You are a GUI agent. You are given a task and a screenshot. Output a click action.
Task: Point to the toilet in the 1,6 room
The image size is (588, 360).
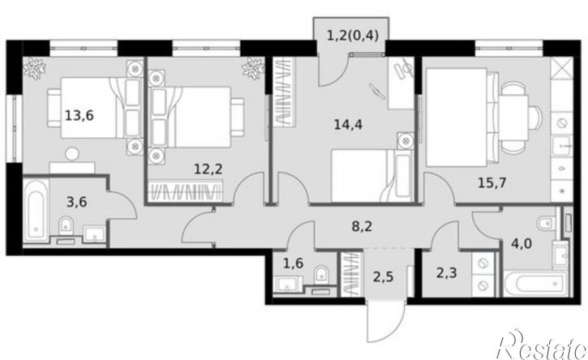[x=321, y=273]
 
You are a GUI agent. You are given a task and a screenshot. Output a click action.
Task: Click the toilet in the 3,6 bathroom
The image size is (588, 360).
[x=68, y=225]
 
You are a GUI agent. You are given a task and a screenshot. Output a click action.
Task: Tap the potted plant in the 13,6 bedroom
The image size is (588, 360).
[x=35, y=71]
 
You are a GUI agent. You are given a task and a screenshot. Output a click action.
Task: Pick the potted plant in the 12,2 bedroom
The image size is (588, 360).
[x=251, y=71]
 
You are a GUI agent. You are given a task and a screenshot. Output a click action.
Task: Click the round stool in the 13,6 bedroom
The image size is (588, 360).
[x=71, y=152]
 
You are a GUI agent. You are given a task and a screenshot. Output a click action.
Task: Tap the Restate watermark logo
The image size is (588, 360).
[x=543, y=344]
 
